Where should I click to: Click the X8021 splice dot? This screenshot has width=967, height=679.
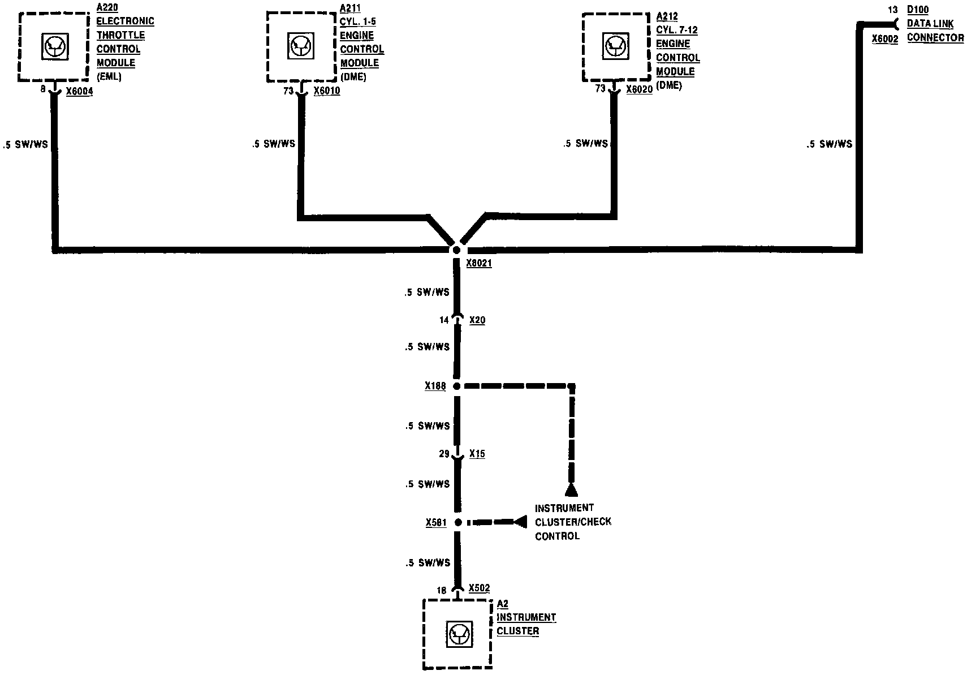[456, 250]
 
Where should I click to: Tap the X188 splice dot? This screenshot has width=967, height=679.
[457, 386]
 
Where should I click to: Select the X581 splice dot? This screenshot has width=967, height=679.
[458, 522]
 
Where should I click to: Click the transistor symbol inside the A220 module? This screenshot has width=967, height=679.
[55, 46]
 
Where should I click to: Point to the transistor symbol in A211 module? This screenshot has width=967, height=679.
[301, 46]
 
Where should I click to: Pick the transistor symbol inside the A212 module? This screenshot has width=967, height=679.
[615, 46]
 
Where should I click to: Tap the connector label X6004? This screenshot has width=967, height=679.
[79, 91]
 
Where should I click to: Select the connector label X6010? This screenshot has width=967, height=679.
[327, 91]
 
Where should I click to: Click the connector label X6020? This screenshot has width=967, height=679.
[639, 90]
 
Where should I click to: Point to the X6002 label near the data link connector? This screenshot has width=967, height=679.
[884, 39]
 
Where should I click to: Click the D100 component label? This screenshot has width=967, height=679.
[917, 10]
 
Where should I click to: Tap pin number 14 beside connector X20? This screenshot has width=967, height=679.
[444, 320]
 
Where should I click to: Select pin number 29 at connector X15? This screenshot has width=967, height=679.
[444, 454]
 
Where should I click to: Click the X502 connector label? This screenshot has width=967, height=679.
[479, 588]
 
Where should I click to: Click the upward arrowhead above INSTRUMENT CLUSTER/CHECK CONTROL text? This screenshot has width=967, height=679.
[571, 490]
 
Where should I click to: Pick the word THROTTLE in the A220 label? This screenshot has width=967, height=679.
[120, 35]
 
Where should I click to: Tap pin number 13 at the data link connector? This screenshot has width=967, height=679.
[892, 10]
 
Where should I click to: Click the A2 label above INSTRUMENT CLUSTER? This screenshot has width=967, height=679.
[502, 604]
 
